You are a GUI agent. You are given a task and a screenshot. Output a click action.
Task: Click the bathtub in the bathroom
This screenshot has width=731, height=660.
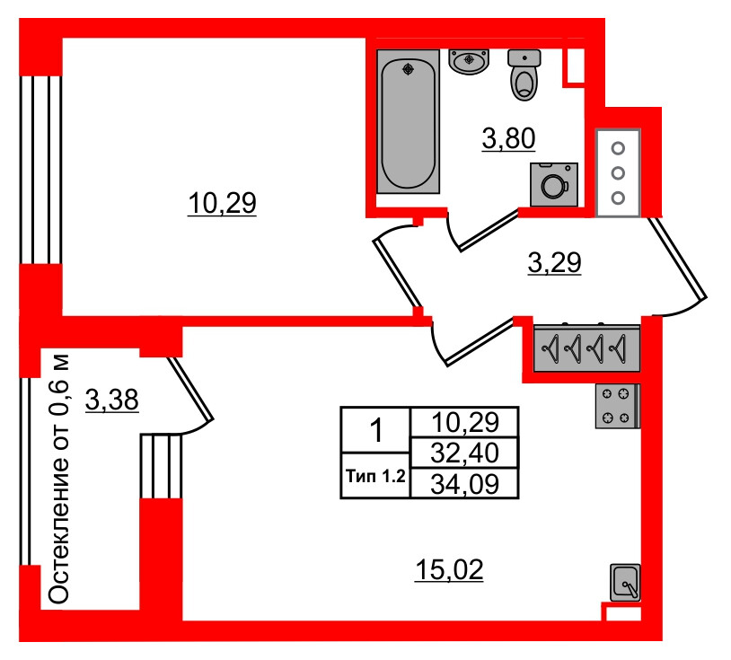(408, 121)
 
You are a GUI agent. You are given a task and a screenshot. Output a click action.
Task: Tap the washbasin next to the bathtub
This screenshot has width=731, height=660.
(469, 61)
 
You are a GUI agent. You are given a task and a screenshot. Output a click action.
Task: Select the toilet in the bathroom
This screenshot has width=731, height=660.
(524, 75)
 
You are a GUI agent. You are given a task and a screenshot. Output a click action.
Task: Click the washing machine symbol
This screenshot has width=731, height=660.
(554, 184)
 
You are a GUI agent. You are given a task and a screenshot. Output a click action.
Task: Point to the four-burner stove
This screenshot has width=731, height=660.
(618, 406)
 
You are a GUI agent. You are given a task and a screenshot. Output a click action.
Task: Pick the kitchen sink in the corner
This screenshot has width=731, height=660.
(625, 582)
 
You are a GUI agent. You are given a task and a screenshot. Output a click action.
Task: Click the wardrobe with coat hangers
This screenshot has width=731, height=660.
(586, 348)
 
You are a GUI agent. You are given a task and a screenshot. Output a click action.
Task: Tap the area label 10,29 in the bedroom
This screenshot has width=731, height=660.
(222, 203)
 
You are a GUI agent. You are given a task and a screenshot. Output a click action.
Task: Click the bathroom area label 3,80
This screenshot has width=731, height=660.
(508, 138)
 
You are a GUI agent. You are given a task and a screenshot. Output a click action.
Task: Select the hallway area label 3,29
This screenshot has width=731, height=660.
(554, 262)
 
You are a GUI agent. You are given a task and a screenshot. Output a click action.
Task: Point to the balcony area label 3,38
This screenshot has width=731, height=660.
(112, 400)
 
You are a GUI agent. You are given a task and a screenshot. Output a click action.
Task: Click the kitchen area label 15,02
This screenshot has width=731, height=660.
(449, 569)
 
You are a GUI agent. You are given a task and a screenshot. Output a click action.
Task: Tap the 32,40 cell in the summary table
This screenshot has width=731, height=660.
(464, 453)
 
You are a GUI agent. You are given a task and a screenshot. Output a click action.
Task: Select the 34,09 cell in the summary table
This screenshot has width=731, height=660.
(464, 483)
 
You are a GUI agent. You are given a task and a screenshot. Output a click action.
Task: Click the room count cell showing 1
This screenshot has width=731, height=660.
(375, 430)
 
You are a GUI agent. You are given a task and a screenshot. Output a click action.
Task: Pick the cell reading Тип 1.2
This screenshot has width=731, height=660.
(375, 476)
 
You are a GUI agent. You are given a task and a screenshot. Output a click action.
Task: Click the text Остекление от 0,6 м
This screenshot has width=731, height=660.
(59, 480)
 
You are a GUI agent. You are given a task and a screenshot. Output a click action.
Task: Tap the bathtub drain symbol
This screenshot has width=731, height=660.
(409, 69)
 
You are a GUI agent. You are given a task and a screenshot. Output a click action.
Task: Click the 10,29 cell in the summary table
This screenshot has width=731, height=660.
(464, 422)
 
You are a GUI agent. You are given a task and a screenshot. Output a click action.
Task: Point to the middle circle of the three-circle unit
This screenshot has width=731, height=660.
(618, 173)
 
